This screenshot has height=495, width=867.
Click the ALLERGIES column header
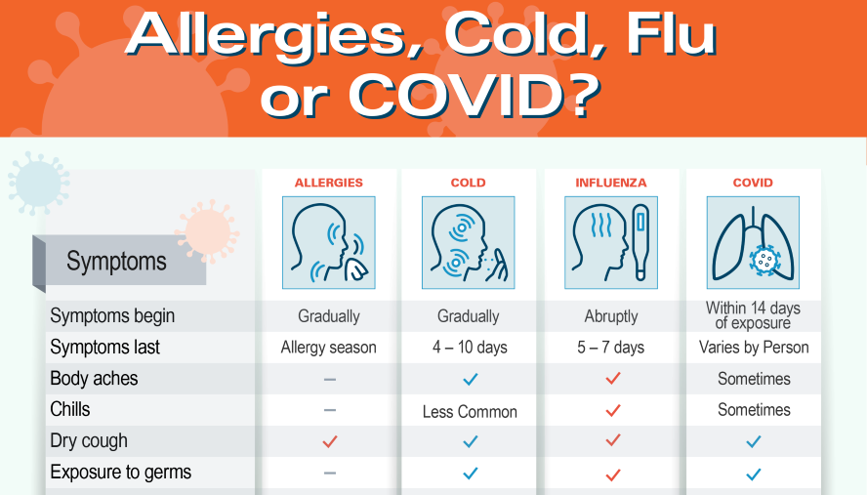pyautogui.click(x=328, y=183)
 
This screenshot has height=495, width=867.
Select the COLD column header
pyautogui.click(x=468, y=183)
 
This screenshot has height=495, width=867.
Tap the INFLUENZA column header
pyautogui.click(x=610, y=183)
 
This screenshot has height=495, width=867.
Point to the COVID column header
pyautogui.click(x=753, y=183)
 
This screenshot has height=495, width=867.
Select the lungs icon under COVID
pyautogui.click(x=753, y=243)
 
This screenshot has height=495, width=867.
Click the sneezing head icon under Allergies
pyautogui.click(x=328, y=243)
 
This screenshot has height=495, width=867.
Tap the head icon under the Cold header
pyautogui.click(x=468, y=243)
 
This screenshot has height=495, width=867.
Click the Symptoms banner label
pyautogui.click(x=116, y=262)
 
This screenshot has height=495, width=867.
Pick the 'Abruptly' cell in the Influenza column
pyautogui.click(x=610, y=316)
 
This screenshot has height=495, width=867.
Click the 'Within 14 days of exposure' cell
pyautogui.click(x=753, y=315)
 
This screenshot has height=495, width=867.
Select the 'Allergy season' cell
pyautogui.click(x=328, y=348)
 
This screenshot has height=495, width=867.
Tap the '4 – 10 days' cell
pyautogui.click(x=468, y=348)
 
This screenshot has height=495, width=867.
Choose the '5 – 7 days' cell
pyautogui.click(x=610, y=348)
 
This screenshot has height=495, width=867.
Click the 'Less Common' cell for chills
pyautogui.click(x=470, y=411)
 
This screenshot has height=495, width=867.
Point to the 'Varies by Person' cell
pyautogui.click(x=753, y=348)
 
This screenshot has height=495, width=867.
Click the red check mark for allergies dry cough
pyautogui.click(x=329, y=441)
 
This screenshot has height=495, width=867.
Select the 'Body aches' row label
pyautogui.click(x=94, y=379)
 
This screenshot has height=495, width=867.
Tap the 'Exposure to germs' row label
pyautogui.click(x=120, y=473)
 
